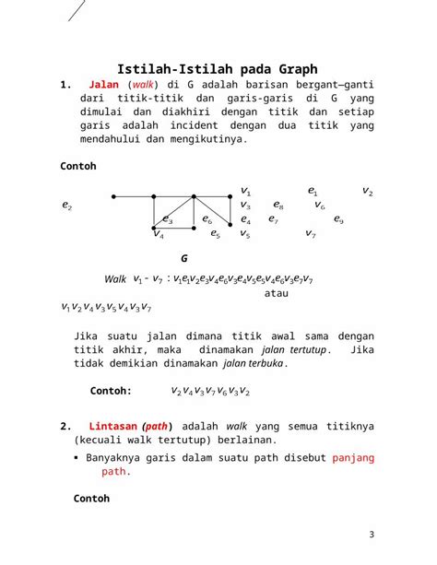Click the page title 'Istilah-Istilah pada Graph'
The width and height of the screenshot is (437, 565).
point(218,69)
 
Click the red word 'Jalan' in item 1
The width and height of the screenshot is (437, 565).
point(103,85)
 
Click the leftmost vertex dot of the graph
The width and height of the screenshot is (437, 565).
point(112,196)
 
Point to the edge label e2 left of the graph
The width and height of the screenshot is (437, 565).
point(67,205)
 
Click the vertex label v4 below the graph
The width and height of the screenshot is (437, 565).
point(159,234)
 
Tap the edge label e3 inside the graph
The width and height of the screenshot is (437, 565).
point(168,219)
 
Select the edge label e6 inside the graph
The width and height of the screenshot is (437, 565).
point(207,219)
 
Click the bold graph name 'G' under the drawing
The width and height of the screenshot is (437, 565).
point(184,259)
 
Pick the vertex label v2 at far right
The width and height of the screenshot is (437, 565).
point(367,191)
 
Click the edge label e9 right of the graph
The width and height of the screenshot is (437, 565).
point(338,219)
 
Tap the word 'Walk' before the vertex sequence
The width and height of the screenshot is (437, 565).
point(116,278)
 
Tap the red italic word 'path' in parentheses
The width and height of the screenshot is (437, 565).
point(155,427)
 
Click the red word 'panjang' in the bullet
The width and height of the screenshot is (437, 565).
point(354,456)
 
